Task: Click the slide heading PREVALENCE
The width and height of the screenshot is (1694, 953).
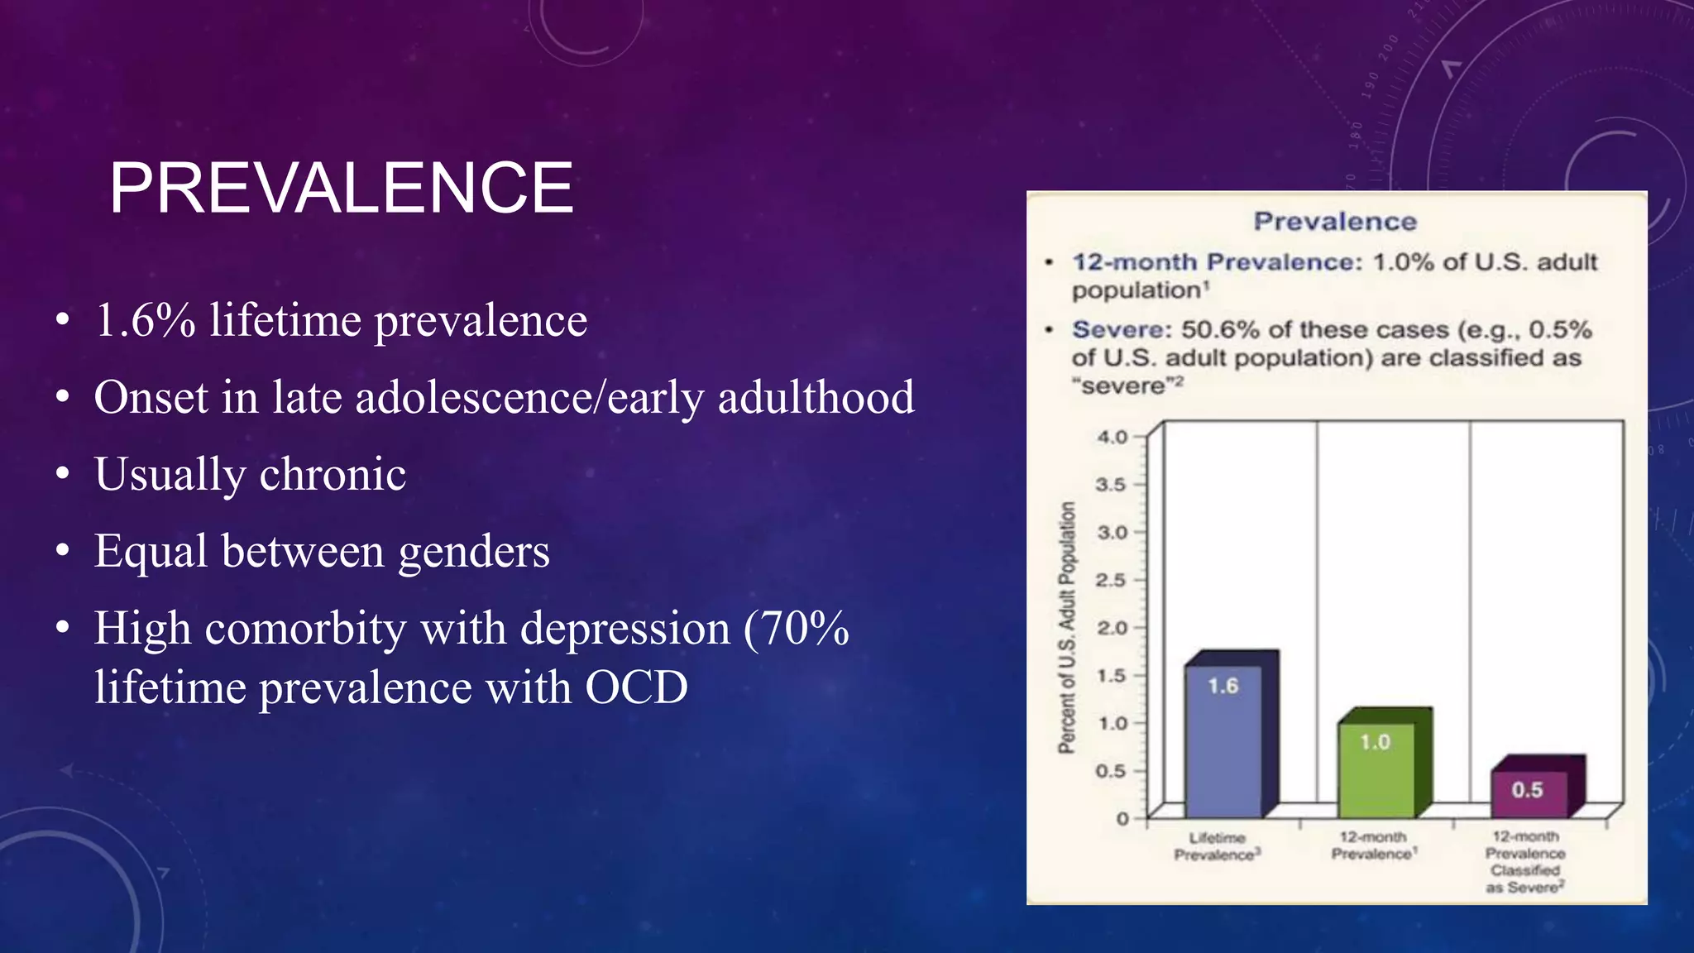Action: pyautogui.click(x=341, y=189)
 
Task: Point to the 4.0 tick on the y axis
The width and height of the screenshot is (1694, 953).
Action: pyautogui.click(x=1113, y=437)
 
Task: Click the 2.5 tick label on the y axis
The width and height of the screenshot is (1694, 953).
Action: pyautogui.click(x=1111, y=580)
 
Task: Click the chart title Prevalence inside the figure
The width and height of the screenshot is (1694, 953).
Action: pyautogui.click(x=1335, y=222)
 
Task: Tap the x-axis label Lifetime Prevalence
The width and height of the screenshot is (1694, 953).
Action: pyautogui.click(x=1217, y=846)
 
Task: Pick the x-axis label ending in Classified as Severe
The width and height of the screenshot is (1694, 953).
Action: pyautogui.click(x=1525, y=862)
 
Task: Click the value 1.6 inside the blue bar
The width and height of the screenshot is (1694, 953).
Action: pyautogui.click(x=1223, y=686)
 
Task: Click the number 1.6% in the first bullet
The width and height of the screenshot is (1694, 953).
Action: pyautogui.click(x=146, y=321)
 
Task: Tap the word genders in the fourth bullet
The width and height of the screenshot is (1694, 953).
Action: pyautogui.click(x=473, y=552)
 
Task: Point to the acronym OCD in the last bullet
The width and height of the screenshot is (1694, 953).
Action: pyautogui.click(x=636, y=688)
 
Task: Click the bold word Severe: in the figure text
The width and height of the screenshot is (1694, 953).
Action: pyautogui.click(x=1122, y=329)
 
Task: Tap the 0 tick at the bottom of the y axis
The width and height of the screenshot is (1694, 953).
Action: pyautogui.click(x=1122, y=819)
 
